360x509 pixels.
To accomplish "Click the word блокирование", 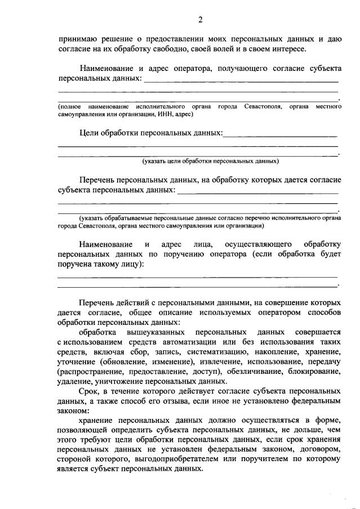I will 313,371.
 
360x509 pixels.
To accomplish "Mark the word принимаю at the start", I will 78,39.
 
